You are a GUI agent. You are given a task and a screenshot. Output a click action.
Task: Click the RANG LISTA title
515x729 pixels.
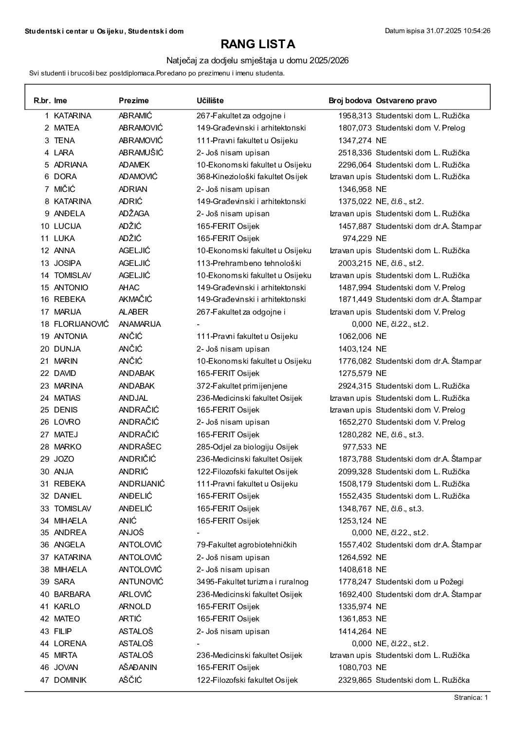click(x=257, y=44)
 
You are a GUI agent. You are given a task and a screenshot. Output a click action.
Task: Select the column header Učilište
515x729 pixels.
click(x=210, y=101)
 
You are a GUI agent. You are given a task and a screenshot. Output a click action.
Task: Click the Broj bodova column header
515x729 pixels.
click(x=350, y=101)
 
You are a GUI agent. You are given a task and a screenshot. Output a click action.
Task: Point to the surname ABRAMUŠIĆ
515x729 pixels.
click(x=141, y=152)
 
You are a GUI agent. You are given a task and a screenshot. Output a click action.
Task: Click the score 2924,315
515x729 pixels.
click(x=355, y=386)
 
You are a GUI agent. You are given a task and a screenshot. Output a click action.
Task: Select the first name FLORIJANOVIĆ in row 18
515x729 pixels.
click(x=81, y=324)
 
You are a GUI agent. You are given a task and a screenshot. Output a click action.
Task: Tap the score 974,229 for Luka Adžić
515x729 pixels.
click(x=357, y=238)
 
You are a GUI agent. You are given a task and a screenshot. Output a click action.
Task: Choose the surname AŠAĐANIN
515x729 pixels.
click(x=139, y=667)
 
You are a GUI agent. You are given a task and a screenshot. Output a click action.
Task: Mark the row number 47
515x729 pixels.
click(x=45, y=680)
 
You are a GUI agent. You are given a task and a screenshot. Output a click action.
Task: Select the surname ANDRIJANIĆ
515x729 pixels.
click(x=142, y=484)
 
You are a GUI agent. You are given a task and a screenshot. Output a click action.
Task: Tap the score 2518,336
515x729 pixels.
click(x=355, y=152)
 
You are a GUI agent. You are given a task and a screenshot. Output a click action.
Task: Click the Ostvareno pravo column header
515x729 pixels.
click(x=406, y=101)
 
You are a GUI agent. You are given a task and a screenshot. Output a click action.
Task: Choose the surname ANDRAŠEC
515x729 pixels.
click(x=140, y=447)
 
